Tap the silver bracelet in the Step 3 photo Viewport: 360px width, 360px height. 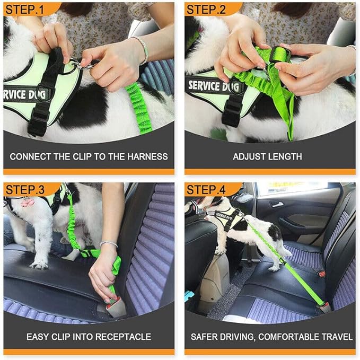[x=109, y=244]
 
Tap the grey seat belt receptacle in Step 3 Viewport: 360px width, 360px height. [x=115, y=307]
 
